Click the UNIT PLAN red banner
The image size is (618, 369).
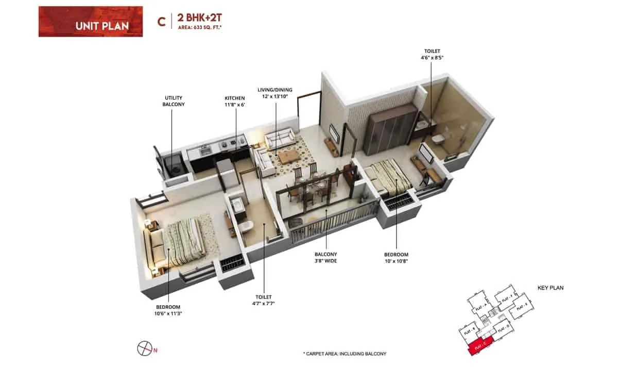(90, 22)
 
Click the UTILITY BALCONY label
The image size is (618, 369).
(174, 101)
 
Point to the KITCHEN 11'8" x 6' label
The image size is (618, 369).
(234, 101)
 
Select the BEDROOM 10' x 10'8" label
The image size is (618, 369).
(396, 258)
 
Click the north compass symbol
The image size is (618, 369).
(144, 348)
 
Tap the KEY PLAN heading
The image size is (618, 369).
(550, 288)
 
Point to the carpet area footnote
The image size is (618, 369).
(345, 354)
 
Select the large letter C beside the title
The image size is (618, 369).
(161, 22)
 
